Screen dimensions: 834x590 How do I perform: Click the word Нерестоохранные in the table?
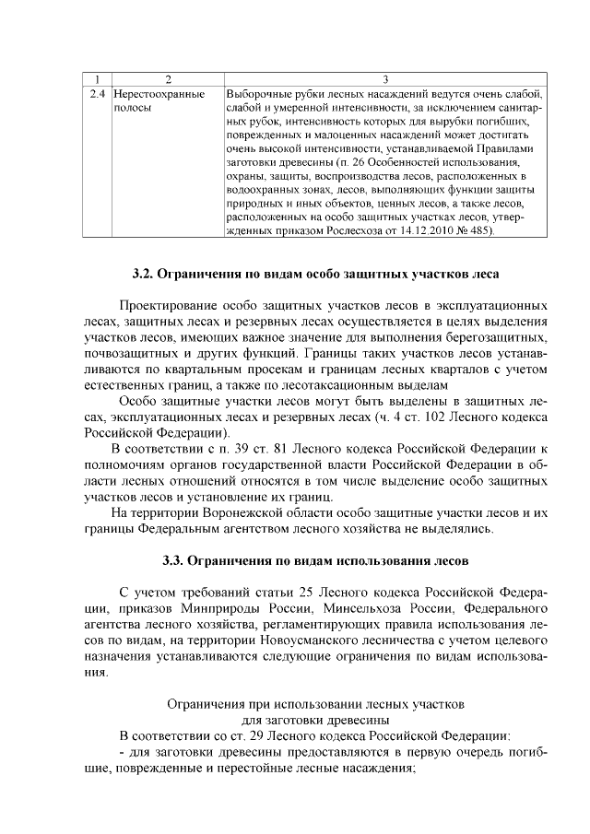click(159, 94)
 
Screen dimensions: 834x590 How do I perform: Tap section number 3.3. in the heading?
click(173, 559)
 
